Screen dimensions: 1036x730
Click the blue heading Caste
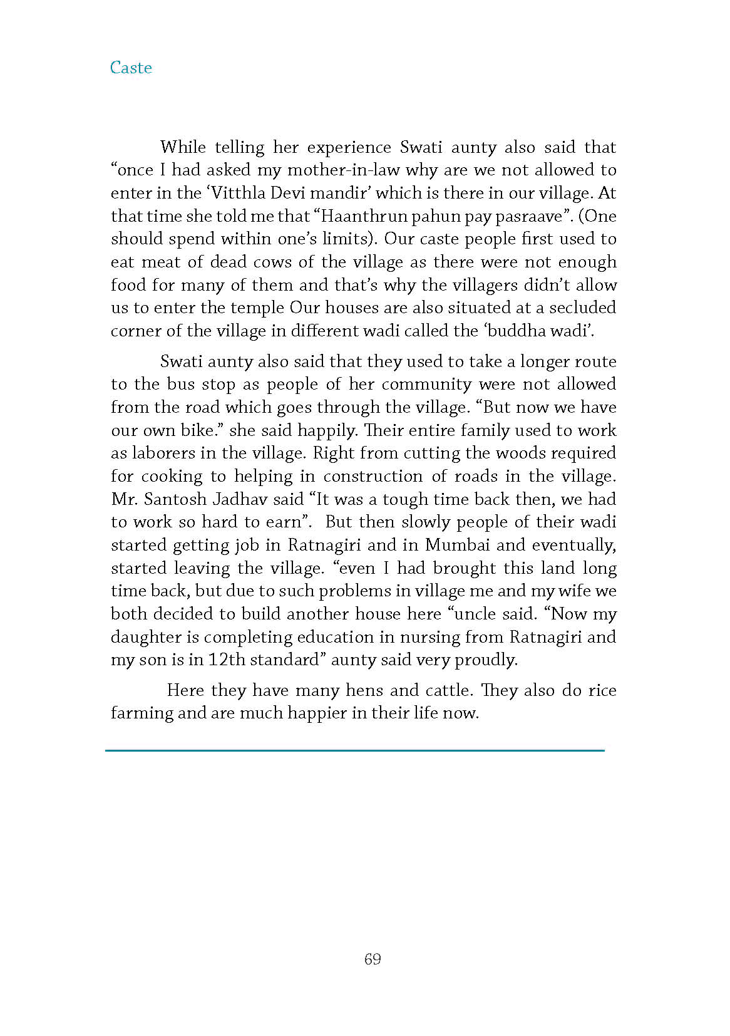(131, 68)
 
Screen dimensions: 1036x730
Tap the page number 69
(373, 959)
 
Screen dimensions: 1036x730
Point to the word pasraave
(529, 216)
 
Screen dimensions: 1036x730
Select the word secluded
(583, 308)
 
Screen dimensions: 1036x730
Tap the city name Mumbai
(458, 545)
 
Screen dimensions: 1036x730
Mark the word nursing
(428, 637)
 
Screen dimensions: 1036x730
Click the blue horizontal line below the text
(355, 750)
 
